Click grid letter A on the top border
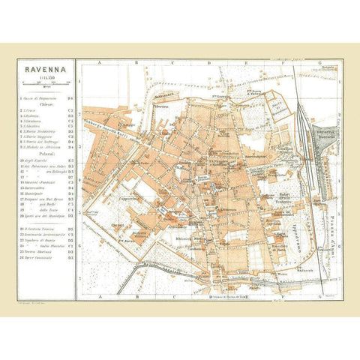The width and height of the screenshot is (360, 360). [98, 64]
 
